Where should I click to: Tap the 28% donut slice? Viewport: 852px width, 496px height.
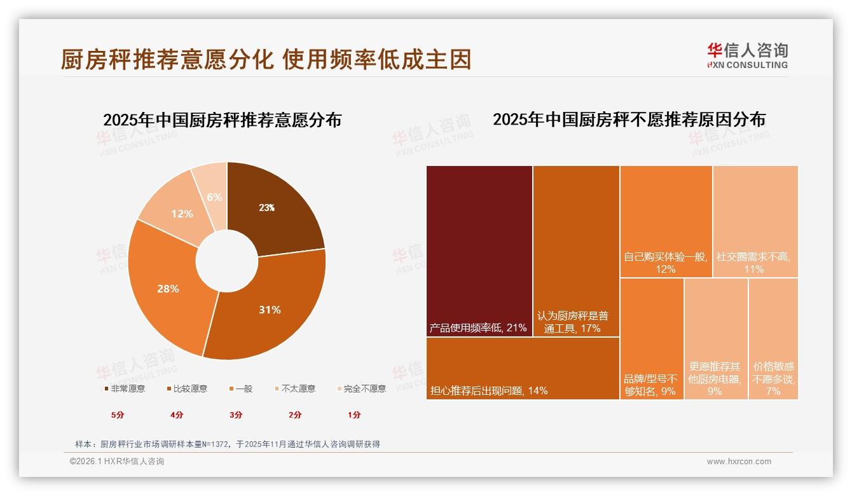point(168,288)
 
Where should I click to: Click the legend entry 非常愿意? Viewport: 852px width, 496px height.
point(125,389)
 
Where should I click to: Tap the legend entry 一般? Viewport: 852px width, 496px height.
point(241,389)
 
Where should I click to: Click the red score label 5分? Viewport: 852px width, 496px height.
point(118,415)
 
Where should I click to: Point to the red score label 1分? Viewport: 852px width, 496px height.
point(354,415)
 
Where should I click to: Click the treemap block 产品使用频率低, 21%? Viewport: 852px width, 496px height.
point(479,251)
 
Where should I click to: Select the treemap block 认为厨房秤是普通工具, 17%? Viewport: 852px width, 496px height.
point(576,251)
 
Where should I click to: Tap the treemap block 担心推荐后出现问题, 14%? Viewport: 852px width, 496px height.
point(523,368)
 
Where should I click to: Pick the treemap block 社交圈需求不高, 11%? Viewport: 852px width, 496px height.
point(755,221)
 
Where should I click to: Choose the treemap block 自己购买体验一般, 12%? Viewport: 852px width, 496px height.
point(666,221)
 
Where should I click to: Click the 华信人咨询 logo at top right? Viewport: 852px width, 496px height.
point(747,56)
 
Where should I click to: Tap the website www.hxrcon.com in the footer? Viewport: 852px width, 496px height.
point(739,462)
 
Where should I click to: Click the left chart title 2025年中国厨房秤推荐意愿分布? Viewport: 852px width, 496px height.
point(222,120)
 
